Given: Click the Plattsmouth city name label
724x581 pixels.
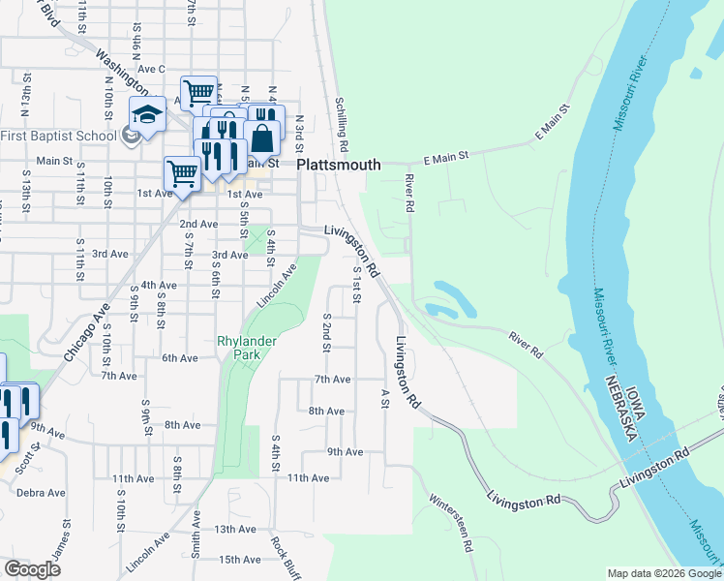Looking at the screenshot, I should tap(338, 165).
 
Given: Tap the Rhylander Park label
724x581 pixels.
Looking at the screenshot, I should tap(247, 348).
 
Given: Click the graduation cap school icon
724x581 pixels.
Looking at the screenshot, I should tap(147, 115).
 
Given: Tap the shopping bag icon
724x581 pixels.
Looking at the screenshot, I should tap(263, 138).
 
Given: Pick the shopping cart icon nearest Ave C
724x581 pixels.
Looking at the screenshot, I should tap(197, 93).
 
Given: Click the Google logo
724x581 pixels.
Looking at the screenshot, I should tap(32, 569).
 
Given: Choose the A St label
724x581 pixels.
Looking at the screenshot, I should tap(384, 398).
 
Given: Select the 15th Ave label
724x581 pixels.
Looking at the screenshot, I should tap(241, 560).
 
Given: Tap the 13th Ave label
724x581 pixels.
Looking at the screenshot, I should tap(235, 529).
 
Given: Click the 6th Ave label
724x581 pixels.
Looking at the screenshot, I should tap(180, 358).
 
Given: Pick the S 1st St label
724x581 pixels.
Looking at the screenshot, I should tap(356, 287).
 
